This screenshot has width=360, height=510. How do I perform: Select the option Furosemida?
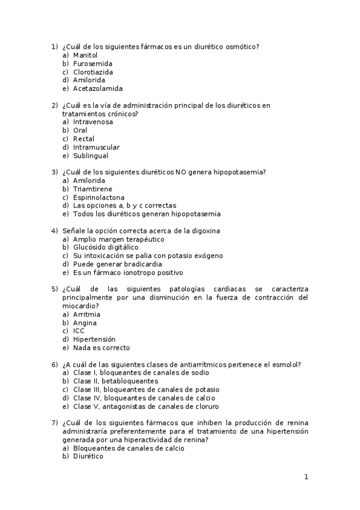click(x=93, y=63)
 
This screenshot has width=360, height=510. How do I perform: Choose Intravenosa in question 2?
click(x=93, y=122)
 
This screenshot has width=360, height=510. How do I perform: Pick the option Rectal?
click(x=84, y=139)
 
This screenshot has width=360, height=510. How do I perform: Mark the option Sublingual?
click(x=91, y=156)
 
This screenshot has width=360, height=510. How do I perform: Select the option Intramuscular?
click(x=96, y=147)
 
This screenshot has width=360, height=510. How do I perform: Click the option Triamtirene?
click(x=93, y=189)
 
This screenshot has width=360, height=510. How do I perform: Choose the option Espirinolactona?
click(x=99, y=197)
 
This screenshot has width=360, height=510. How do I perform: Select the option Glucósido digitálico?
click(x=106, y=247)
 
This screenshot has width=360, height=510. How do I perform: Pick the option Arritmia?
click(x=87, y=314)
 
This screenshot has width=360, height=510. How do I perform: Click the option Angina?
click(x=85, y=322)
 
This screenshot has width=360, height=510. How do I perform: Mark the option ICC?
click(x=79, y=331)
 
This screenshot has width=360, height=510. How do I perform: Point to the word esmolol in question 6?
click(x=284, y=364)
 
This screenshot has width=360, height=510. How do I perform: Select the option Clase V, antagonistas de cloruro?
click(x=129, y=406)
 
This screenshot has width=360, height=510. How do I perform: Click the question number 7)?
click(x=54, y=422)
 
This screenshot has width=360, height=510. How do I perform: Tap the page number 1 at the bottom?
click(x=306, y=478)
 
